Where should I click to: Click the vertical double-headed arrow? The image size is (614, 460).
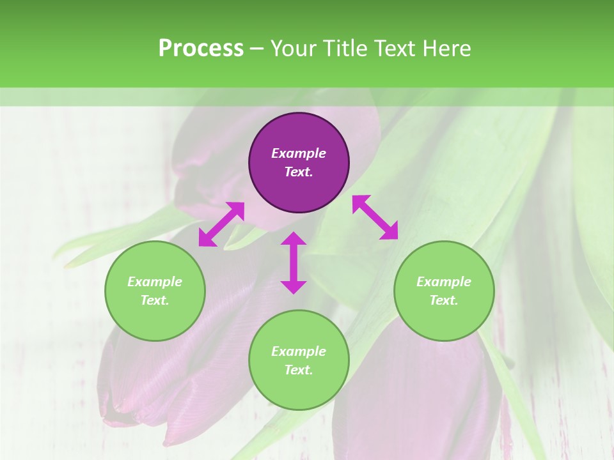(x=294, y=263)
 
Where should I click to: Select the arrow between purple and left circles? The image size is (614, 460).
(x=221, y=224)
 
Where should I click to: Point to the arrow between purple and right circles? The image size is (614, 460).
(x=375, y=217)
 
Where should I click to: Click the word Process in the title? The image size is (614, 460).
(x=201, y=49)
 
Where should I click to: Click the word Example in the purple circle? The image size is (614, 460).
(x=299, y=153)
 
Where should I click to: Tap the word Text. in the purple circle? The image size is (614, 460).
(x=299, y=172)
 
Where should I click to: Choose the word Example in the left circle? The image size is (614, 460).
(x=155, y=282)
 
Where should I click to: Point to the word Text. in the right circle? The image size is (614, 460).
(x=444, y=300)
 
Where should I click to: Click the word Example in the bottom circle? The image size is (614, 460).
(x=299, y=351)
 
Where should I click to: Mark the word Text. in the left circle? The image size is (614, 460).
(x=155, y=300)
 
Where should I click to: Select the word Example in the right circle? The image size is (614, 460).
(x=444, y=282)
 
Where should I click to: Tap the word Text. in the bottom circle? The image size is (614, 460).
(x=299, y=370)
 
